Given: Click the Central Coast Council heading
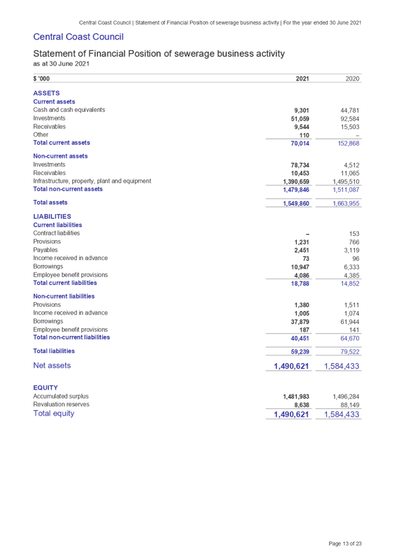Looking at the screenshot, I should pos(78,37).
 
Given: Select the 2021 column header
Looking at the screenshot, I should pos(302,78).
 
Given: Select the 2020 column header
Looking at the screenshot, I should pos(352,78).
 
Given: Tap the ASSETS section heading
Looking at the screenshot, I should pos(46,93).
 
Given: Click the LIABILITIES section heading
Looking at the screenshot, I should pos(53,216).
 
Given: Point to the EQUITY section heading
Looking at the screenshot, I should pos(45,387).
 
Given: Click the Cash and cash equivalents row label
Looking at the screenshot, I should pos(69,110).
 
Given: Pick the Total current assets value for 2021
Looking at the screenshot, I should pos(300,143).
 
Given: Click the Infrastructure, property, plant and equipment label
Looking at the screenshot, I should pos(93,181).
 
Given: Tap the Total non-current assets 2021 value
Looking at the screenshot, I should pos(296,190).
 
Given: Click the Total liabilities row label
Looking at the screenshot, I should pos(54,351).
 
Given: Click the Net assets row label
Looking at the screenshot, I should pos(52,366).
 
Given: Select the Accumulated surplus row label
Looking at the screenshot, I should pos(61,396).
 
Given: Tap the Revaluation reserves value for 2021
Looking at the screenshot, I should pos(302,404).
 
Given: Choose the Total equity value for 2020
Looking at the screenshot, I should pos(342,415).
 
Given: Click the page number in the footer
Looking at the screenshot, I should pos(345,543).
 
